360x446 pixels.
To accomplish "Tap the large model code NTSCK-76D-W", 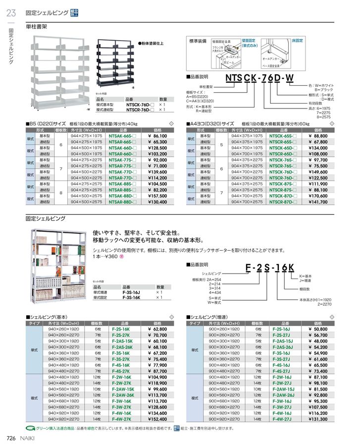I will pyautogui.click(x=259, y=78).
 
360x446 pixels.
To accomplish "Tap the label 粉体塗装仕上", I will pyautogui.click(x=153, y=44).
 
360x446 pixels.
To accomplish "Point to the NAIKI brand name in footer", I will pyautogui.click(x=25, y=438).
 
